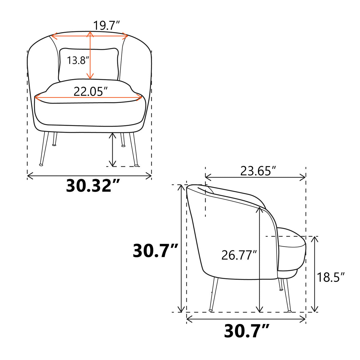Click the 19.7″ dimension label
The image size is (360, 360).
[106, 25]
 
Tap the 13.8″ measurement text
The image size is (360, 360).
[79, 60]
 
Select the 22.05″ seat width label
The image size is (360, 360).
[91, 91]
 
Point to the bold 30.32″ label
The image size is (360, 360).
[93, 186]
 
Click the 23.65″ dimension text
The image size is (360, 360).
[258, 171]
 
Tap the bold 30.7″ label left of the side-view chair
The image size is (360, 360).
[155, 251]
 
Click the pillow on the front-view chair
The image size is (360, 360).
[89, 64]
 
